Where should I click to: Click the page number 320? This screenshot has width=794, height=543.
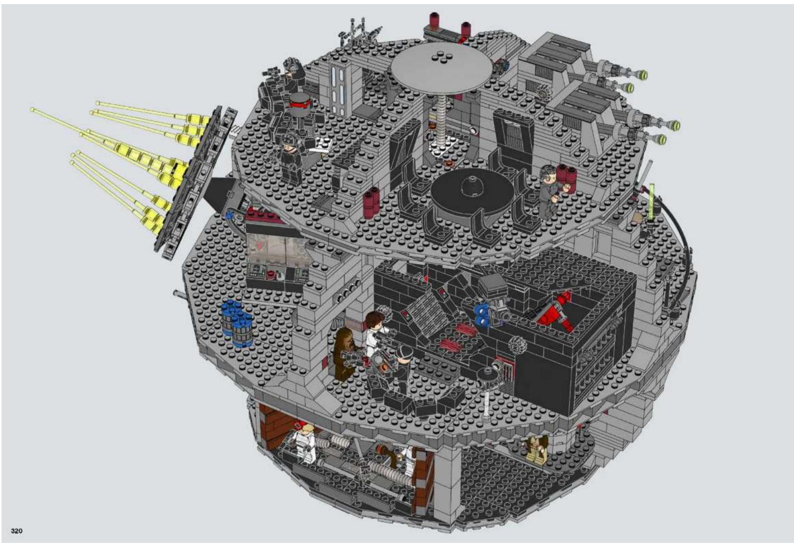coord(17,531)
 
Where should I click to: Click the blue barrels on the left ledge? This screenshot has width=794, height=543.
coord(237,322)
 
